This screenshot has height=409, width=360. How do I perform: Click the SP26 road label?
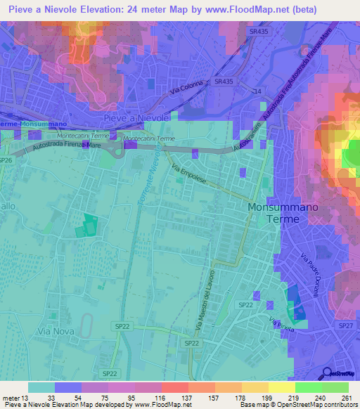[6, 160]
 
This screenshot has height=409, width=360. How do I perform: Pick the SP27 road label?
[345, 326]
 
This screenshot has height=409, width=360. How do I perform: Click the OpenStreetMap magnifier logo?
[328, 373]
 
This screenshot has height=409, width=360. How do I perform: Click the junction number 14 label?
[258, 92]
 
